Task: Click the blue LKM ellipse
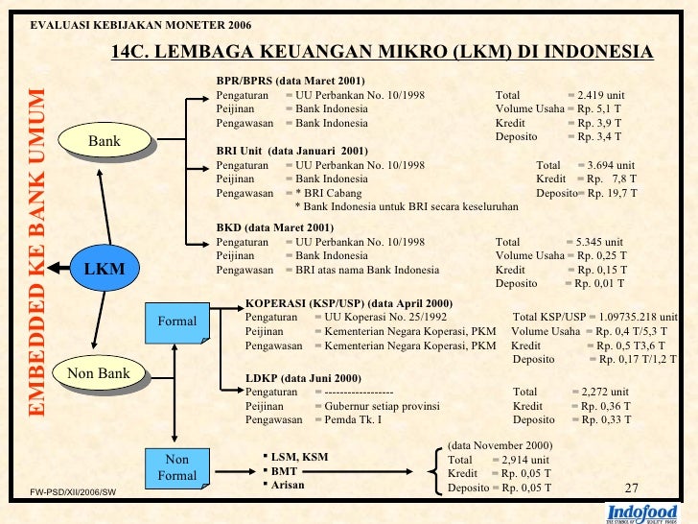[x=105, y=268]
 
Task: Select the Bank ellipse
[x=105, y=142]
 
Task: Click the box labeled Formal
[x=177, y=321]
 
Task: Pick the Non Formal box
[x=177, y=467]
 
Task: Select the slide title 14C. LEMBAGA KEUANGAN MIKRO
[x=382, y=51]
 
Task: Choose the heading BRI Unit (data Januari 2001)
[x=291, y=151]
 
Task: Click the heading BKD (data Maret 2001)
[x=275, y=227]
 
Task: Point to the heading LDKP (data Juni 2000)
[x=303, y=377]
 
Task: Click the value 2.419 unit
[x=601, y=96]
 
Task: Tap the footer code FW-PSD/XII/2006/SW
[x=74, y=492]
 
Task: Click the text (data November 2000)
[x=500, y=445]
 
